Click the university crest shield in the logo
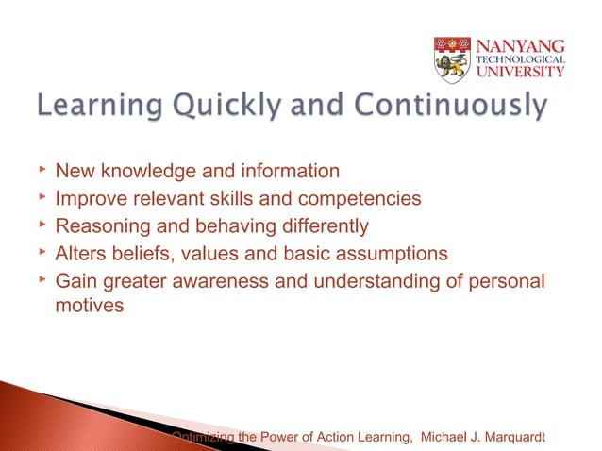pyautogui.click(x=452, y=60)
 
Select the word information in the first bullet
pyautogui.click(x=286, y=172)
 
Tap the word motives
pyautogui.click(x=89, y=306)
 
